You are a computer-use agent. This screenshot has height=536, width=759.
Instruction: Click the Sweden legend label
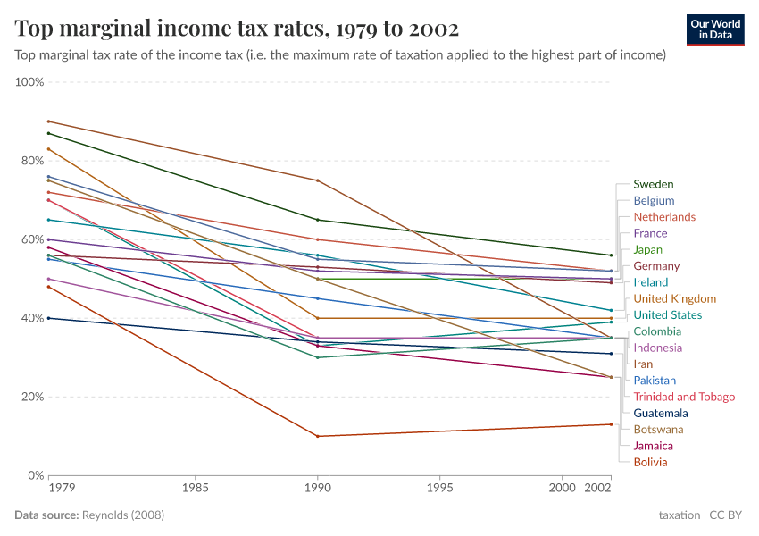click(653, 184)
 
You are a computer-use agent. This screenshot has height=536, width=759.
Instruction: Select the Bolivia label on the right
click(650, 462)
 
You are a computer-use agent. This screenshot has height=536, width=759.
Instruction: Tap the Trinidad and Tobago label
click(684, 397)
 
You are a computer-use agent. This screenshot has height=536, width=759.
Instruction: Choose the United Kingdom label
click(674, 298)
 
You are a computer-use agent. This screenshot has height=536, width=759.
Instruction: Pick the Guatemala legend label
click(661, 413)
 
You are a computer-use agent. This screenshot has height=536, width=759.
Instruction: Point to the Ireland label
click(650, 282)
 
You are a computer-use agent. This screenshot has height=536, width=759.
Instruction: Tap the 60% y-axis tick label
click(31, 239)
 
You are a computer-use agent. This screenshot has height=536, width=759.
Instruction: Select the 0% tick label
click(35, 475)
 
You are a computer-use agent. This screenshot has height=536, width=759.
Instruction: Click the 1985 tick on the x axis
click(195, 489)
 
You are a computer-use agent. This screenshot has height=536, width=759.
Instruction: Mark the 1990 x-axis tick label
click(317, 489)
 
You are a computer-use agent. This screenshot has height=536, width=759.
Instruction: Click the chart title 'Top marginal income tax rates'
click(237, 29)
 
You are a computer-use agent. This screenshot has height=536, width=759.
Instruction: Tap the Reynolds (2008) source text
click(123, 515)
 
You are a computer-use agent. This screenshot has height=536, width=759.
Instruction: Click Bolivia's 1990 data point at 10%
click(317, 436)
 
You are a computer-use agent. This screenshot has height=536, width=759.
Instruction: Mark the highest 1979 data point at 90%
click(48, 121)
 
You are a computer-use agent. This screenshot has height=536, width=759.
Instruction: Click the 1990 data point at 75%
click(317, 180)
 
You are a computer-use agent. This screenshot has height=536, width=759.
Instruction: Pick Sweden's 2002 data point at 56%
click(611, 255)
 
